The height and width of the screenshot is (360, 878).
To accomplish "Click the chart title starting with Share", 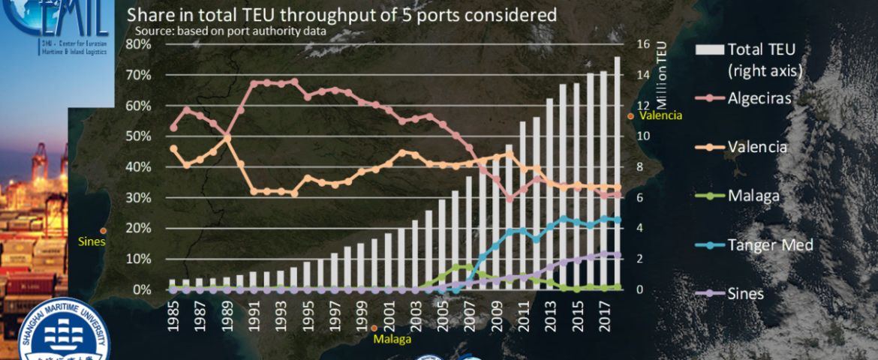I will point(341,15).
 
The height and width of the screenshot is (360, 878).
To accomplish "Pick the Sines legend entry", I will point(746,293).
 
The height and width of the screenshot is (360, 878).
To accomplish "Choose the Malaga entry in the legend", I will point(753,196).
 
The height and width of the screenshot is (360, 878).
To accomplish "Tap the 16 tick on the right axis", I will point(643,44).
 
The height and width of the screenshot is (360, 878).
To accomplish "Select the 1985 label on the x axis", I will point(173,317).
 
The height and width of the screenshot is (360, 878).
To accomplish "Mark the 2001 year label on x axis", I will point(388,317).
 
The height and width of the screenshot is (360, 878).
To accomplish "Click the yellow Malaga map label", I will point(392,339).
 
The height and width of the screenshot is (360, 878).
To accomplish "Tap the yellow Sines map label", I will point(92,241).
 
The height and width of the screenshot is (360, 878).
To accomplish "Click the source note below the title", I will point(230,31).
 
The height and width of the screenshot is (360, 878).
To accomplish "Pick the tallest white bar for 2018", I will point(616,173).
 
